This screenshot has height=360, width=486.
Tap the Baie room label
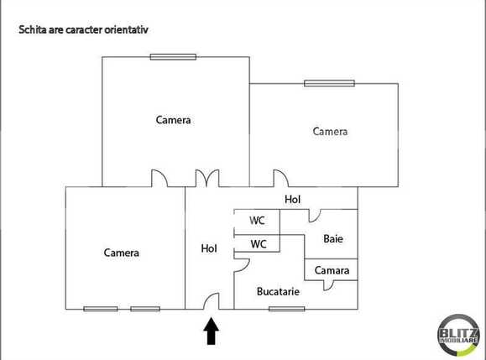coord(333,239)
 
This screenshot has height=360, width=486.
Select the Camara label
coord(331,270)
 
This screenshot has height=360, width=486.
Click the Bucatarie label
coord(278,292)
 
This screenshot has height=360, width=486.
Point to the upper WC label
coord(259,221)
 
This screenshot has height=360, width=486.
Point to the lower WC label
coord(259,244)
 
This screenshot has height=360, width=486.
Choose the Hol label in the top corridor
coord(292,200)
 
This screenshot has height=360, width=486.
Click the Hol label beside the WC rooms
coord(209,248)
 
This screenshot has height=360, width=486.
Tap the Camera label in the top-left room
coord(174,120)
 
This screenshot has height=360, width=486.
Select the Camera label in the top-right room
coord(330,131)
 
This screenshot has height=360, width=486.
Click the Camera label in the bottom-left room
coord(122,253)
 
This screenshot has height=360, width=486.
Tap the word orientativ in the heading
coord(125,29)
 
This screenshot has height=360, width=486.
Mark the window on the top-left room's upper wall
coord(173,57)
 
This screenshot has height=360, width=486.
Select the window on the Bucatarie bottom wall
coord(286,309)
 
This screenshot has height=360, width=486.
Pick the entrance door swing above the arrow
coord(211,301)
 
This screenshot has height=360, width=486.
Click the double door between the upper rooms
coord(206,178)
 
